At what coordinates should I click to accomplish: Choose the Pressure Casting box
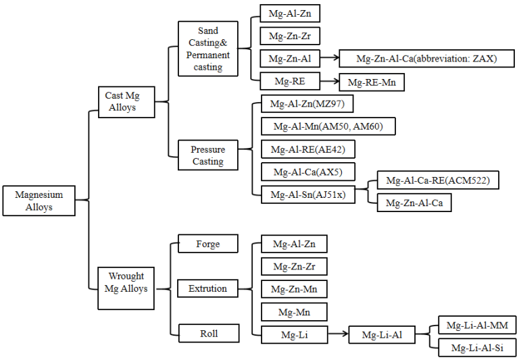click(207, 155)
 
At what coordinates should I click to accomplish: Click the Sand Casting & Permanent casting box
click(208, 49)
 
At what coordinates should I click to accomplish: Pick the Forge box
click(207, 244)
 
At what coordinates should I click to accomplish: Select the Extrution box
click(207, 288)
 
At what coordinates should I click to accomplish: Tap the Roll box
click(207, 333)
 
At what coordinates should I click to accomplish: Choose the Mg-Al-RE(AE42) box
click(307, 149)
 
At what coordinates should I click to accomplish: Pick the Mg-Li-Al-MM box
click(477, 326)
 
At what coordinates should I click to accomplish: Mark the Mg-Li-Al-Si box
click(477, 348)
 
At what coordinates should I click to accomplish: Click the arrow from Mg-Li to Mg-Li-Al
click(338, 334)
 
